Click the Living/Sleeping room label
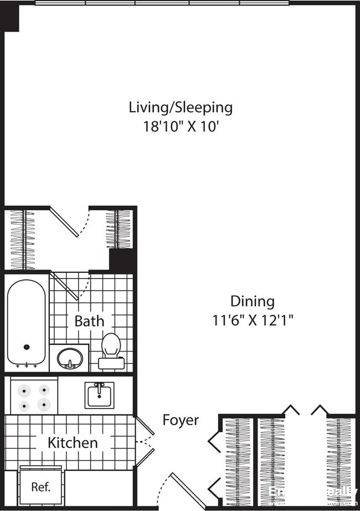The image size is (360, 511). click(181, 107)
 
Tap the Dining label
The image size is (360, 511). click(252, 301)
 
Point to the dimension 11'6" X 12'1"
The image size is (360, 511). click(253, 320)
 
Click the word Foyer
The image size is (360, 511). click(180, 420)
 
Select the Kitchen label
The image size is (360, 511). click(73, 442)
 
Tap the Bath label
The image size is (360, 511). click(89, 321)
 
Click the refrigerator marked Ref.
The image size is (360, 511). click(41, 487)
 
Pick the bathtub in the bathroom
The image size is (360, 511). click(26, 322)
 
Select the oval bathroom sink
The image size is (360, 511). click(70, 358)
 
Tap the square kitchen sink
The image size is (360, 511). click(100, 395)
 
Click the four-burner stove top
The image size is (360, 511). click(34, 397)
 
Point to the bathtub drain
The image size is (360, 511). click(26, 347)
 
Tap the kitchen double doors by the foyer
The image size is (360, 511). click(145, 441)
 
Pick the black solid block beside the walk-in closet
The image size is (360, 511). click(122, 260)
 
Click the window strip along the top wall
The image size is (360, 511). click(162, 3)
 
